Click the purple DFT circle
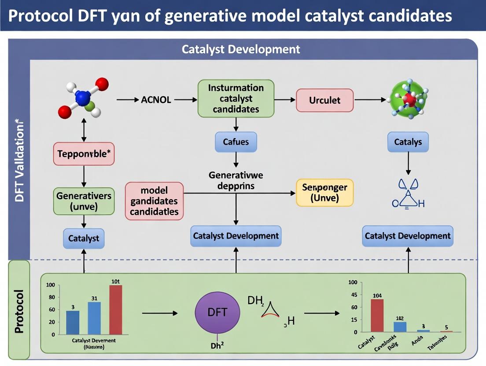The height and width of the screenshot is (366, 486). [x=217, y=313]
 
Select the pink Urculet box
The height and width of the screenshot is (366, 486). [x=325, y=100]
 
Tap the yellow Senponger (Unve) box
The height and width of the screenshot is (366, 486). [x=324, y=193]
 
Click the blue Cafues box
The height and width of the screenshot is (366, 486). [x=236, y=142]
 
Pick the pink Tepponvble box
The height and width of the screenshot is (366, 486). [x=84, y=154]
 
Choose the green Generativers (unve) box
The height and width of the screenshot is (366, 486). [x=84, y=201]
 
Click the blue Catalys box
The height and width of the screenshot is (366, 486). [x=408, y=142]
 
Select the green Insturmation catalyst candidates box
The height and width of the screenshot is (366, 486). [x=236, y=98]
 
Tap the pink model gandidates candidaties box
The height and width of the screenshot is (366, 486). [x=154, y=201]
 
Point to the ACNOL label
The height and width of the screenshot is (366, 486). [x=156, y=100]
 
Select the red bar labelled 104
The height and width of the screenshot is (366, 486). [x=377, y=315]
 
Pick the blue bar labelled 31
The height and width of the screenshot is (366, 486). [x=94, y=318]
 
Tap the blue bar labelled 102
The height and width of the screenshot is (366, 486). [x=400, y=327]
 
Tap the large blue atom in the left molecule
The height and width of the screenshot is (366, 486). [x=82, y=98]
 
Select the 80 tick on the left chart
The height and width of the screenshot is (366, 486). [x=52, y=297]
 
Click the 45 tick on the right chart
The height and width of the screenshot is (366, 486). [x=353, y=295]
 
